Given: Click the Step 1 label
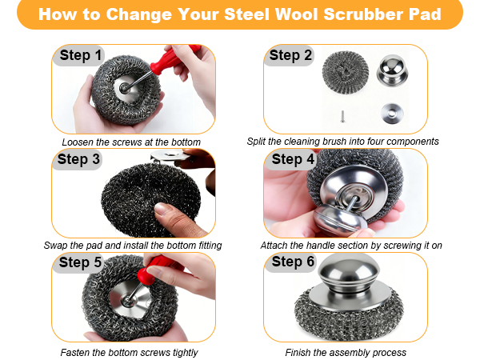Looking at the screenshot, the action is click(80, 55).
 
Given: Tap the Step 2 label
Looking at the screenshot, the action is click(290, 55).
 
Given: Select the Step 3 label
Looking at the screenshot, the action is click(78, 159).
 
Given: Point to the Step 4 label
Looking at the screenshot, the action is click(293, 159).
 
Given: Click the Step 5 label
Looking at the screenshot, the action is click(80, 262).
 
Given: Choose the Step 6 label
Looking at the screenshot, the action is click(293, 262).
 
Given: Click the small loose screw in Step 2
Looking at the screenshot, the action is click(343, 116).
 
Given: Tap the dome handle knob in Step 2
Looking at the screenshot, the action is click(392, 70).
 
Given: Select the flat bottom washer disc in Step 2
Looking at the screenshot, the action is click(392, 114).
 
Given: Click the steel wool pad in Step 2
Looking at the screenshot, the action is click(346, 72).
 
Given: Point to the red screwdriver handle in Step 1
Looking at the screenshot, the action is click(174, 59).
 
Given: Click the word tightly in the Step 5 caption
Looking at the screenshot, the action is click(186, 353).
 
